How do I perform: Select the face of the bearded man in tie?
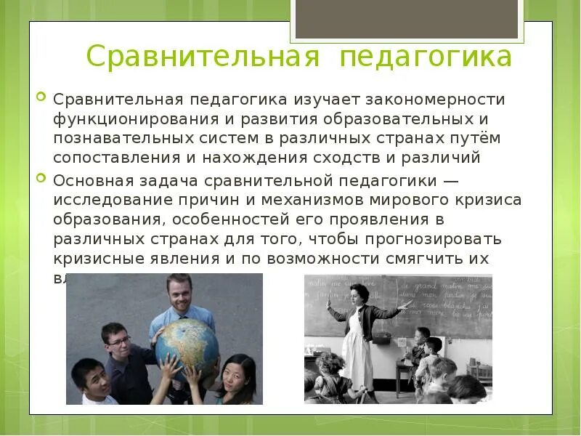pyautogui.click(x=178, y=294)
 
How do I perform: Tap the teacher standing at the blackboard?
pyautogui.click(x=359, y=327)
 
